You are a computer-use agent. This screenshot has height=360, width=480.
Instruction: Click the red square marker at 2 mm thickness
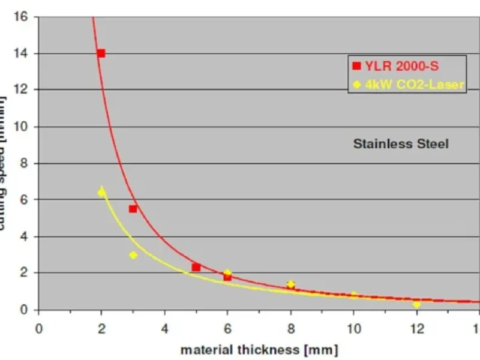click(x=101, y=53)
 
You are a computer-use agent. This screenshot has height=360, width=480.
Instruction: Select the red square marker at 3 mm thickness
click(x=133, y=209)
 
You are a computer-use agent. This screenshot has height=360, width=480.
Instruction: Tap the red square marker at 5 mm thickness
click(x=196, y=267)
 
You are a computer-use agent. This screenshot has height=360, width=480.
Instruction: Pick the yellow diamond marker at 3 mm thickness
click(x=133, y=255)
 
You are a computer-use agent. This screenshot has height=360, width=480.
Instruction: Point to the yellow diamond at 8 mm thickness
click(x=290, y=284)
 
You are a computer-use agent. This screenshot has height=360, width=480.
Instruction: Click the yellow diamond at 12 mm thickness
click(x=416, y=304)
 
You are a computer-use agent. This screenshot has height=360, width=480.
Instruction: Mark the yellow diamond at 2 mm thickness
click(x=101, y=193)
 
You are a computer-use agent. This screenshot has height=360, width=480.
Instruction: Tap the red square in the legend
click(x=356, y=66)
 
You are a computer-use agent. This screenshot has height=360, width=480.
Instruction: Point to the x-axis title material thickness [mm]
click(x=259, y=349)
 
